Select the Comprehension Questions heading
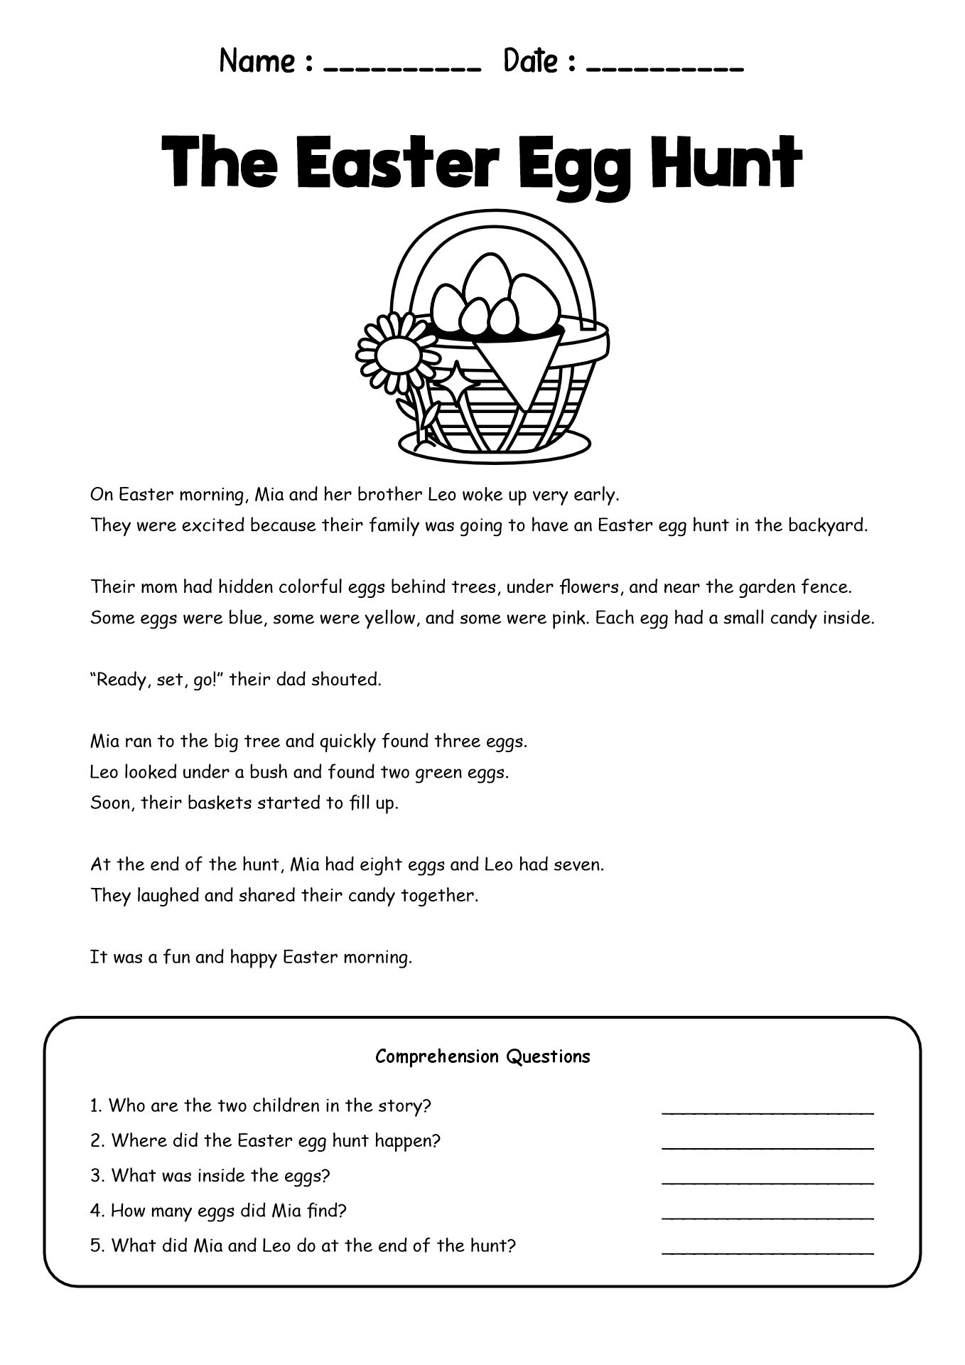482,1056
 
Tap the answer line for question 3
767,1182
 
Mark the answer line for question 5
767,1251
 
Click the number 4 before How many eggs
95,1211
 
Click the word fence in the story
831,587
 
